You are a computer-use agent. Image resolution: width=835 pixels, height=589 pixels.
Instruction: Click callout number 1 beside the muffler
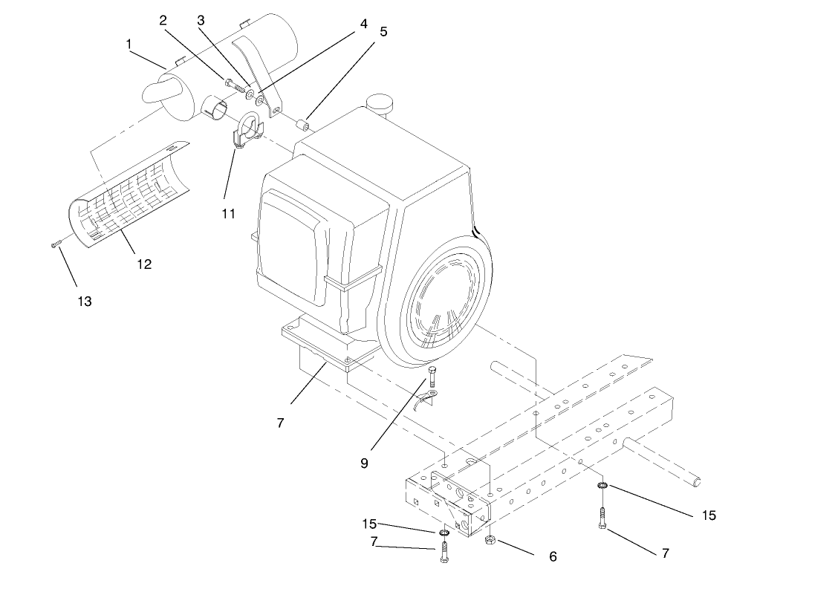pos(129,45)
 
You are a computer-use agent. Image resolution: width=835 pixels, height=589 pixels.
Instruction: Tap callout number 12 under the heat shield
pos(143,264)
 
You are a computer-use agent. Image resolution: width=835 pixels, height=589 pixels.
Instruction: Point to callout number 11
pos(228,213)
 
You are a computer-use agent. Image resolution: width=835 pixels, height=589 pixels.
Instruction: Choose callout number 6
pos(551,556)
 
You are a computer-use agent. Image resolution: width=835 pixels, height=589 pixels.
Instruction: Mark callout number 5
pos(383,32)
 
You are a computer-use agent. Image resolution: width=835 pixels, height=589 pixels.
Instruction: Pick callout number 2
pos(163,20)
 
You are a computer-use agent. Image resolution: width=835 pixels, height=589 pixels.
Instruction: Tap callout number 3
pos(201,20)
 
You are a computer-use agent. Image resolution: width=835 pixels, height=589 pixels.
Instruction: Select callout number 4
pos(363,23)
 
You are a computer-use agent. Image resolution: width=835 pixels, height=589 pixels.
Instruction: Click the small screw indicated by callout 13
pos(55,244)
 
